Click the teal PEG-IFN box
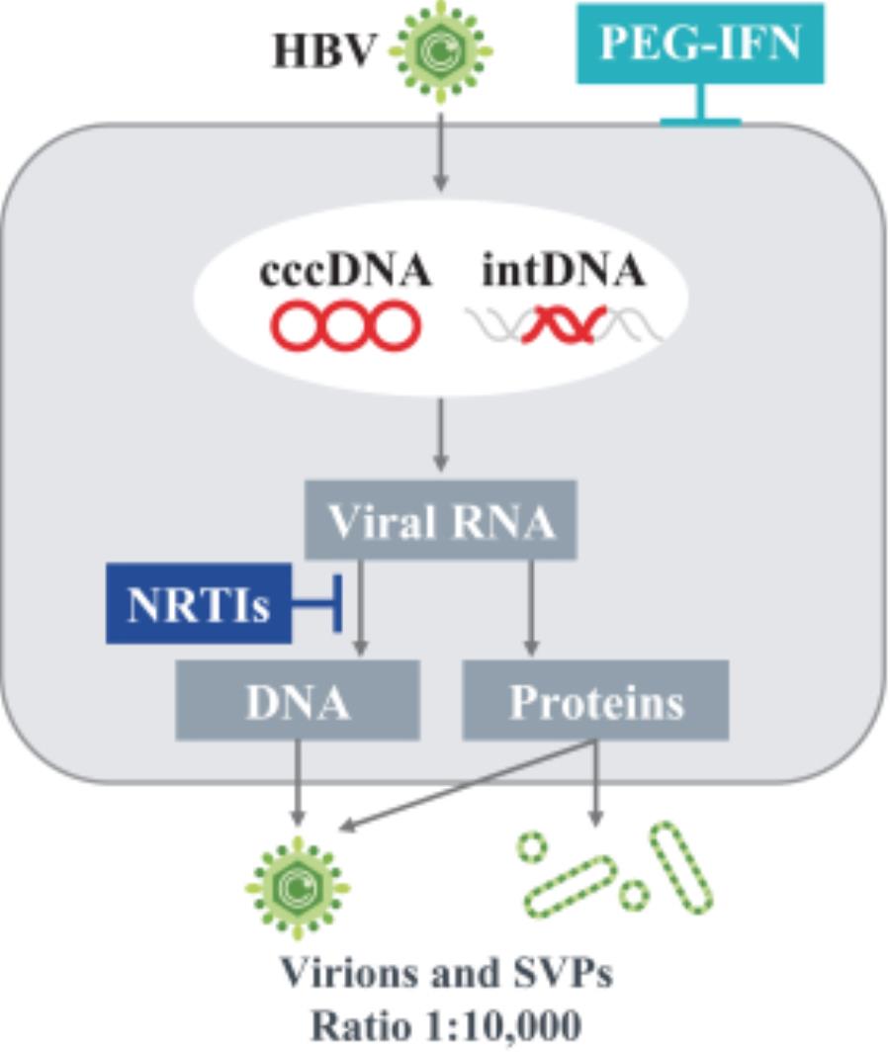700,44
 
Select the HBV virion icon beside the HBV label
441,49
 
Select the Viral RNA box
441,521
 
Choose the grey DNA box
298,701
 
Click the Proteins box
595,701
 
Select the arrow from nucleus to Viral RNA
441,435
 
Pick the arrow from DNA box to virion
298,781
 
